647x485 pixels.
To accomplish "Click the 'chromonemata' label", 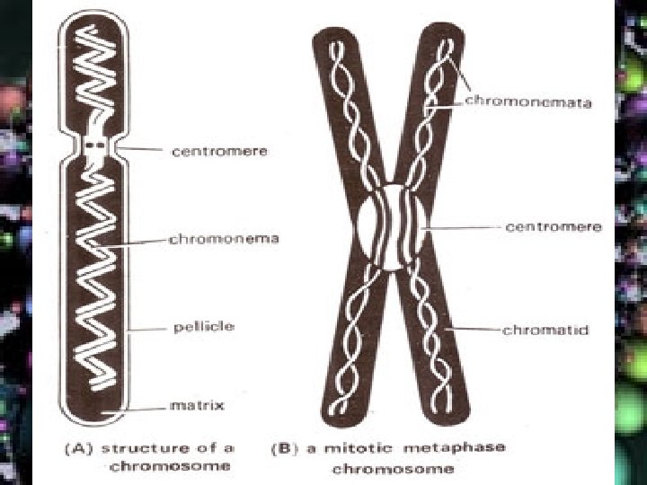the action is tap(528, 102).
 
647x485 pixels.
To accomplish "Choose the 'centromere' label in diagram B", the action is tap(553, 227).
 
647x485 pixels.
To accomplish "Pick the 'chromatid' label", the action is tap(545, 331).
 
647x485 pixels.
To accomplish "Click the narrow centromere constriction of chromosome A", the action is tap(97, 145).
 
